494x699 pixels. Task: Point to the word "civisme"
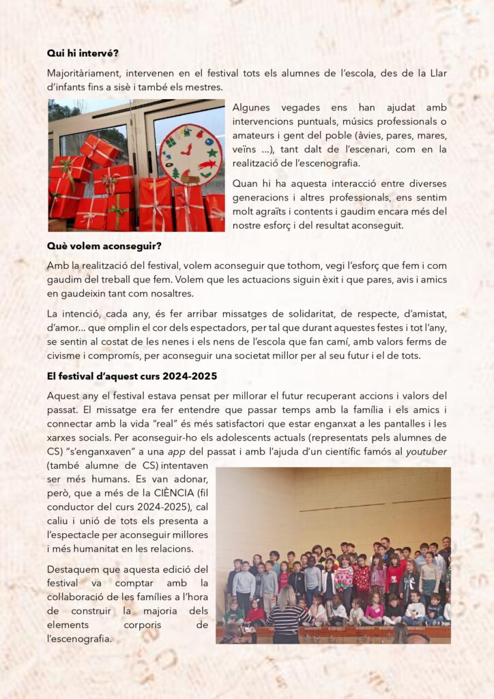click(x=67, y=356)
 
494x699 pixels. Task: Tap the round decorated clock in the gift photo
click(x=191, y=154)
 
